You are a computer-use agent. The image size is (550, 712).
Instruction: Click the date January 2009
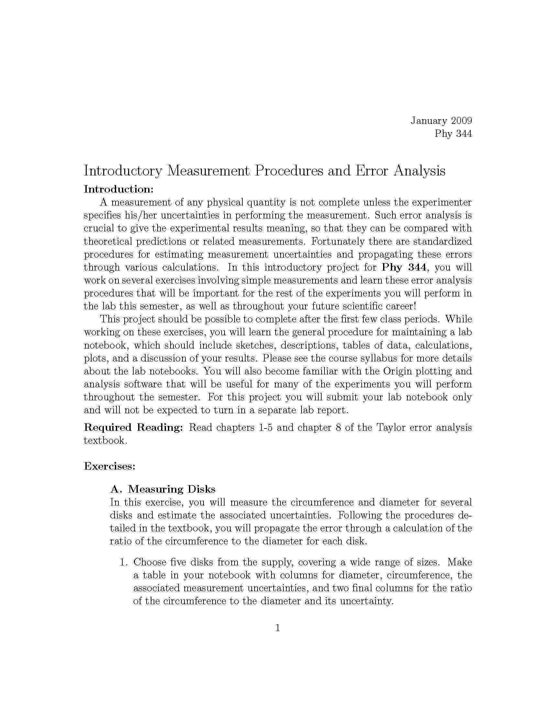441,121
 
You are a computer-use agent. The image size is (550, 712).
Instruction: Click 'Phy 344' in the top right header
453,134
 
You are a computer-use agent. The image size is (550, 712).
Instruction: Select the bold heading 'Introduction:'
118,189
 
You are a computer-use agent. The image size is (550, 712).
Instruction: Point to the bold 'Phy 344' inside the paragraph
404,267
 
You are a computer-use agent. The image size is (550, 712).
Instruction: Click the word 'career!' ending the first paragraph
399,306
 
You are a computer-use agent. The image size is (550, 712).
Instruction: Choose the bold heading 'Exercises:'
109,466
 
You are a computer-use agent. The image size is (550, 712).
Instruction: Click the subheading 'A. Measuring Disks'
163,489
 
